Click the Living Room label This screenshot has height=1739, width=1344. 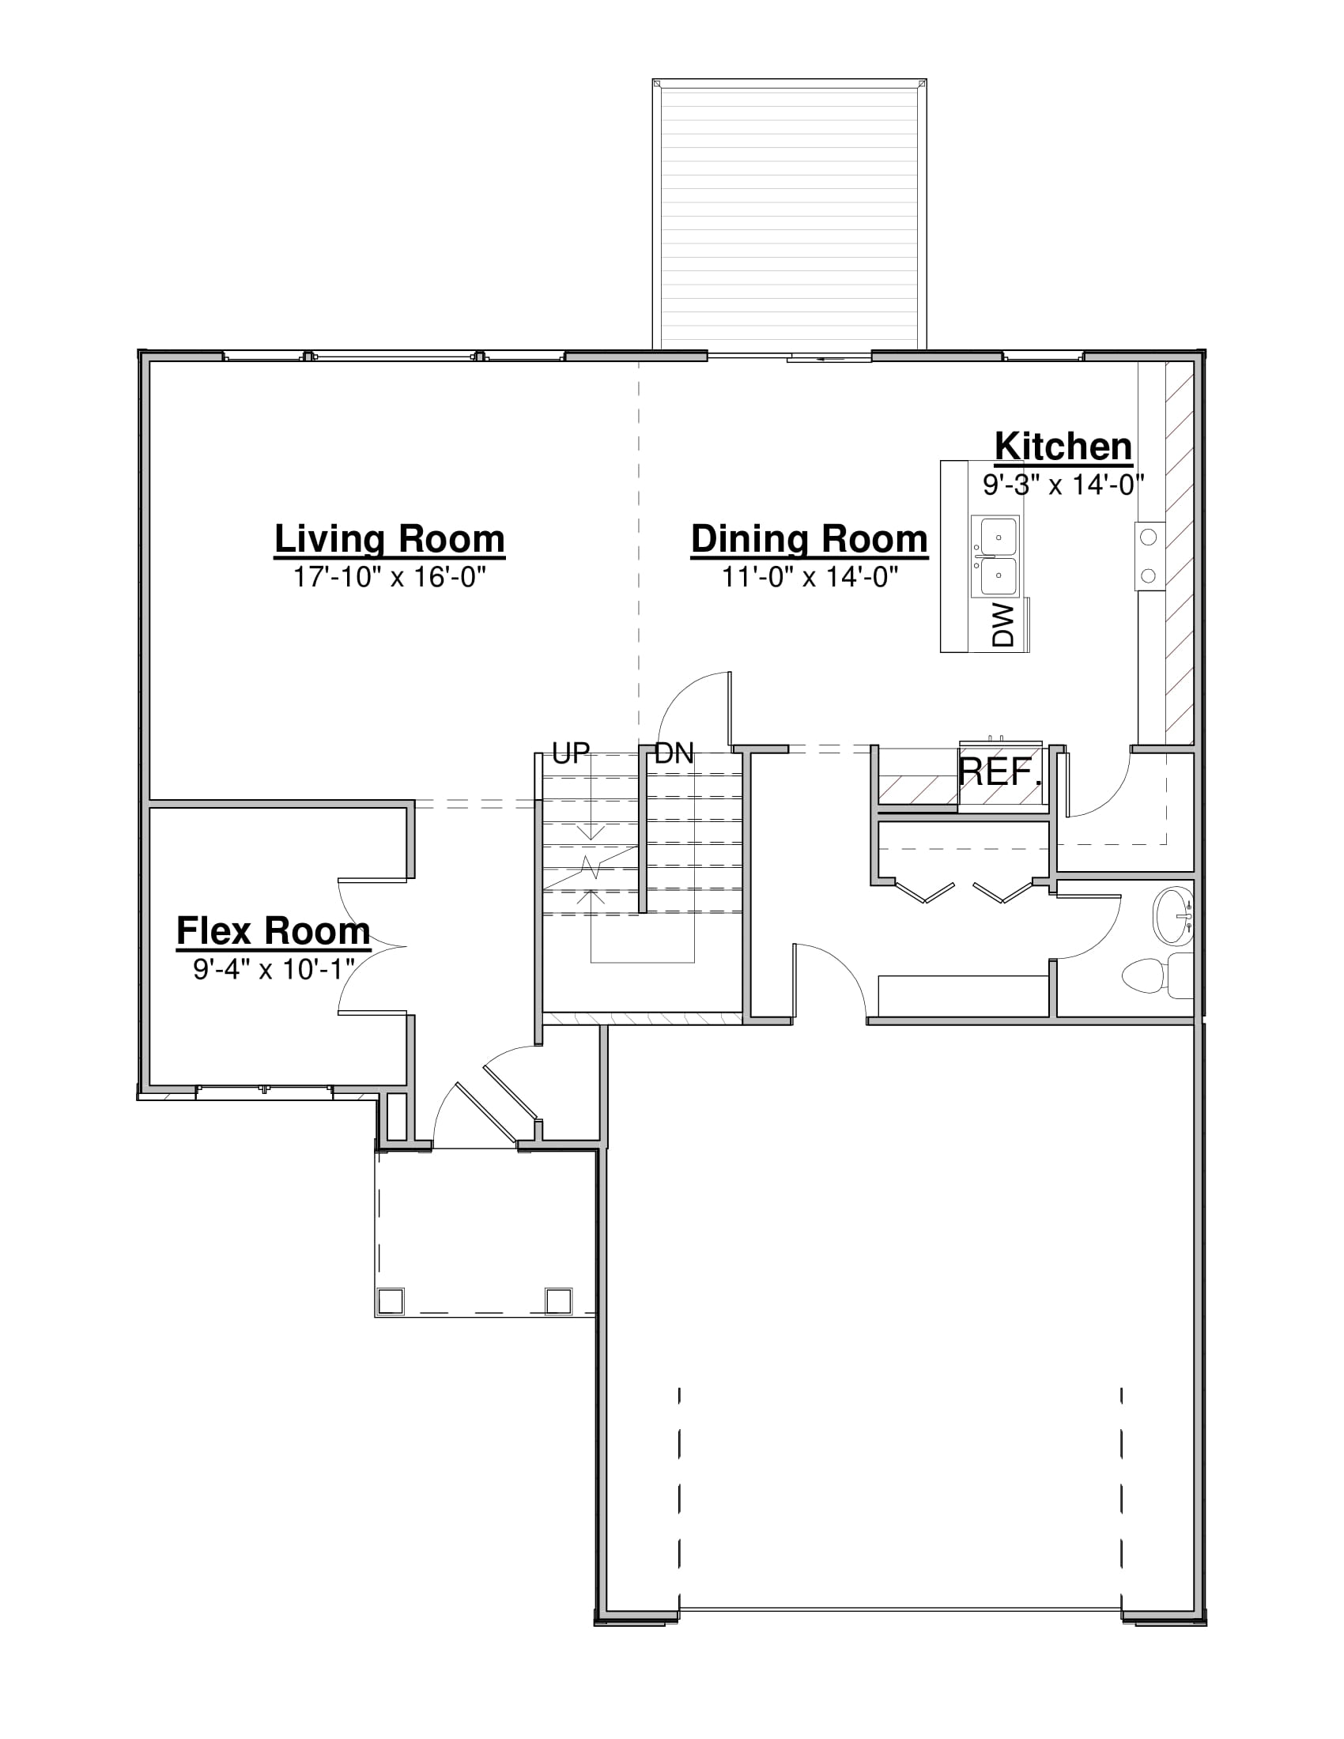click(x=389, y=539)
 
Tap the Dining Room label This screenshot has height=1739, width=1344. click(x=809, y=539)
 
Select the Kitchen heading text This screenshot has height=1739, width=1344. click(x=1063, y=446)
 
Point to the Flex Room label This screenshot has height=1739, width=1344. click(x=273, y=930)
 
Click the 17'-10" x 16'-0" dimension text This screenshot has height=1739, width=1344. click(x=389, y=576)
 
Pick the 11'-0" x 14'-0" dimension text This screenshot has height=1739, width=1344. click(x=810, y=576)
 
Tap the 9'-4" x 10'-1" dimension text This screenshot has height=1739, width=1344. click(x=274, y=968)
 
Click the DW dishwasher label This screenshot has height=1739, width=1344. click(x=1004, y=624)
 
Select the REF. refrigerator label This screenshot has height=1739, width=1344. click(x=1000, y=771)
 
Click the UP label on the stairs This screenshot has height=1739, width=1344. click(x=571, y=753)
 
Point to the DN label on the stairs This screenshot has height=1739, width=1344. click(x=674, y=753)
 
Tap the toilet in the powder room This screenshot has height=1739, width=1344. click(x=1157, y=975)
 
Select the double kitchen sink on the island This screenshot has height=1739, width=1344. click(x=995, y=556)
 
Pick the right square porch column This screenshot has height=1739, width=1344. click(x=558, y=1300)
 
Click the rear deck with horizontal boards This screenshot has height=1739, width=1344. click(x=789, y=214)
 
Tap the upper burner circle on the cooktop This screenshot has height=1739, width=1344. click(x=1148, y=537)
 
